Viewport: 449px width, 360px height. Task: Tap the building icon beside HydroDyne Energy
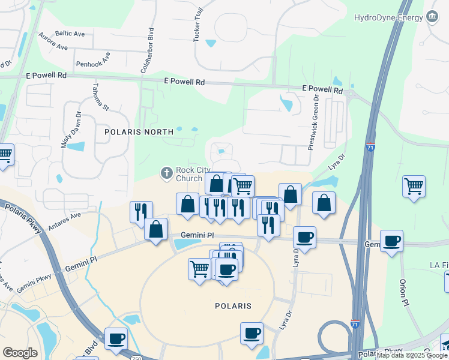point(431,16)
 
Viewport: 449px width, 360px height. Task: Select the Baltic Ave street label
point(70,34)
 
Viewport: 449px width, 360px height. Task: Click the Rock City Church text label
point(197,174)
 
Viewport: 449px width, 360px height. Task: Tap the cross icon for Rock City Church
point(167,173)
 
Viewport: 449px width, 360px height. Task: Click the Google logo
point(20,353)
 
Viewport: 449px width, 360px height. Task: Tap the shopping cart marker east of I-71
point(414,187)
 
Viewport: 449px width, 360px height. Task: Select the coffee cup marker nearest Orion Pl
point(391,241)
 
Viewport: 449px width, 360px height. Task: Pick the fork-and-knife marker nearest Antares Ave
point(141,211)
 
